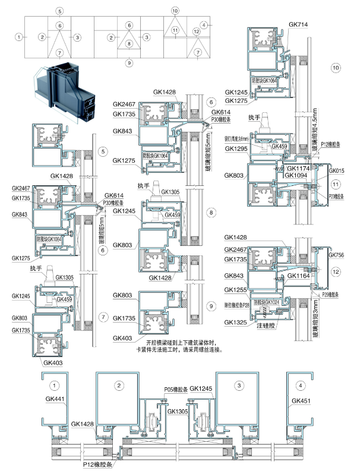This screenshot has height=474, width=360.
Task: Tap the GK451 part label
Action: click(301, 401)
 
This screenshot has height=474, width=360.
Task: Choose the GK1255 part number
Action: click(237, 290)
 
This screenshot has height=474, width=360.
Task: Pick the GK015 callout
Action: click(337, 171)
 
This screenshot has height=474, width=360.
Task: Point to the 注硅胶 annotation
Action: click(268, 326)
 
